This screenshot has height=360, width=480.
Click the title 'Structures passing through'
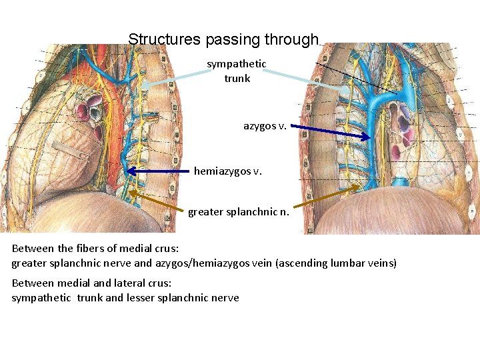pyautogui.click(x=223, y=39)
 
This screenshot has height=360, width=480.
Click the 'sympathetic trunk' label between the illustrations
pyautogui.click(x=237, y=71)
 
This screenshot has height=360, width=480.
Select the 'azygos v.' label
pyautogui.click(x=265, y=125)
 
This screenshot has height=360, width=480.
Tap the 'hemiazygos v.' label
pyautogui.click(x=228, y=171)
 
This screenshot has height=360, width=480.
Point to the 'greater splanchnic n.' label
pyautogui.click(x=239, y=213)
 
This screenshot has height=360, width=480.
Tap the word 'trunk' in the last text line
pyautogui.click(x=89, y=298)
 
